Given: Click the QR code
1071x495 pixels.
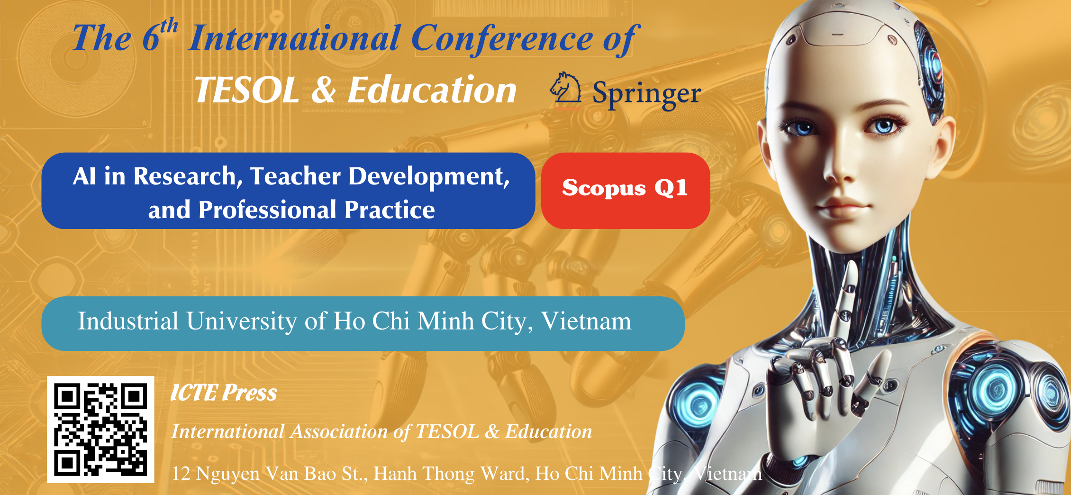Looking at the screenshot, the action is click(100, 430).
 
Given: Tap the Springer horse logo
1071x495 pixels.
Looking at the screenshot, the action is click(565, 88).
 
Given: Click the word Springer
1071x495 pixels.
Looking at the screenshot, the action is click(647, 94).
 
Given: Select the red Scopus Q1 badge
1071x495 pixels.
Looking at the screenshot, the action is click(626, 191).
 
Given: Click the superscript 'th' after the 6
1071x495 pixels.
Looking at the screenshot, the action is click(169, 26).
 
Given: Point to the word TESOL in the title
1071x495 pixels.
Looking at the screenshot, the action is click(247, 90).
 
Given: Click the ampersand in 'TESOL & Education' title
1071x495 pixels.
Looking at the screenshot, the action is click(324, 90).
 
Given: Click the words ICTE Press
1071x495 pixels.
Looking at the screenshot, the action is click(224, 393).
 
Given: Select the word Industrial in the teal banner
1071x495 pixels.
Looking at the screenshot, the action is click(128, 321).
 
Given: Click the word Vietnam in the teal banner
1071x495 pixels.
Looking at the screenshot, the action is click(586, 321).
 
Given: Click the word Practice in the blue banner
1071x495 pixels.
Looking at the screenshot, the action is click(390, 210).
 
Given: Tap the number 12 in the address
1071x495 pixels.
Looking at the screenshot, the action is click(181, 474).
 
